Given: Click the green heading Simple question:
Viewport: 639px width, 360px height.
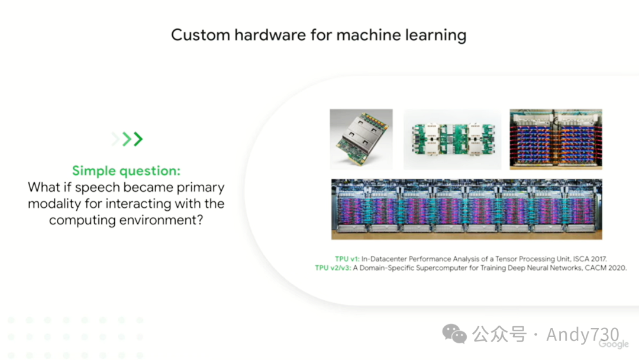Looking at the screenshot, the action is point(126,171).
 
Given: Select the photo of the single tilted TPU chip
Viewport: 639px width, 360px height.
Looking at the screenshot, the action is point(361,139).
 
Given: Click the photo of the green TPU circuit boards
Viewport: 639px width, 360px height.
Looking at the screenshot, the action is point(451,139).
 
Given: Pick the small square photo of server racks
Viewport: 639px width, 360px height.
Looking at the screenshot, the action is point(556,139).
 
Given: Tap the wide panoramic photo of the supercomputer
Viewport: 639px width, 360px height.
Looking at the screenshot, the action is point(466,209).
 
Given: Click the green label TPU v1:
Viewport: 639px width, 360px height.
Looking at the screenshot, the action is point(347,259).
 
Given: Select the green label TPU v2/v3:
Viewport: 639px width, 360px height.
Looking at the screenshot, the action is point(333,268).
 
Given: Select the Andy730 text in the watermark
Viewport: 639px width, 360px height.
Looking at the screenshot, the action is point(582,335).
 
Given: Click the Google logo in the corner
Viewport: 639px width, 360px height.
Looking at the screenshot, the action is point(614,344).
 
